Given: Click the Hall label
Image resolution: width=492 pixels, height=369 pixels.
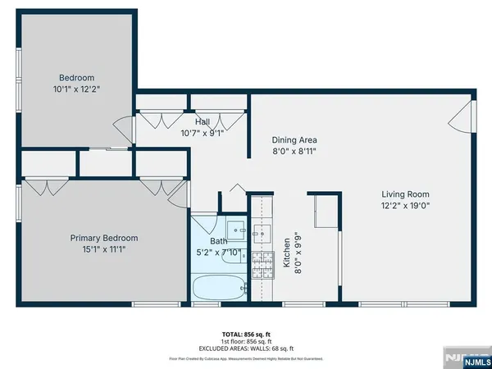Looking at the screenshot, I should coord(202,122).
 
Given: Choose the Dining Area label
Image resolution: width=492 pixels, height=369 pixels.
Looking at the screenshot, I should coord(294,139).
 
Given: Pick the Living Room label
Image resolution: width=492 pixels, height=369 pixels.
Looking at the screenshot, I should coord(405,194).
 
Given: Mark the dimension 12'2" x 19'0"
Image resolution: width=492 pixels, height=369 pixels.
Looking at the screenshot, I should coord(405,206).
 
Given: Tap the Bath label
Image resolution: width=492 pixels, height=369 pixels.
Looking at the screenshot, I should coord(218,242).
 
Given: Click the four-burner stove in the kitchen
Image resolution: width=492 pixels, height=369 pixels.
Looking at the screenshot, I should coord(263,264).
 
